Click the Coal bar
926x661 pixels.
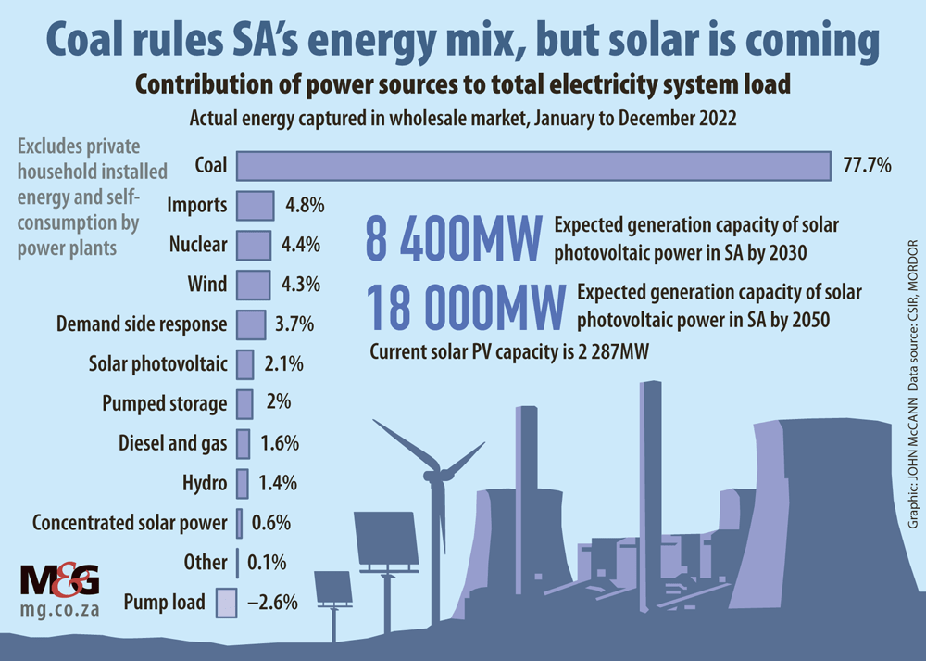[533, 166]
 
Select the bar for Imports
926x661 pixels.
[256, 205]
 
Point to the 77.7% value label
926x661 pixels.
[867, 166]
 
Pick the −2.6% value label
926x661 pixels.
[272, 603]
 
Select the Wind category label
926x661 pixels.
[208, 285]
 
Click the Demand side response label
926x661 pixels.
[142, 324]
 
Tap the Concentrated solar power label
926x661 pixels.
[130, 523]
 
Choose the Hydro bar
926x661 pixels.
[243, 483]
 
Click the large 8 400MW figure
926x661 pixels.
[453, 239]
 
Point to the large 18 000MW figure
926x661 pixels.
[466, 308]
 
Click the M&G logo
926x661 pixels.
[59, 582]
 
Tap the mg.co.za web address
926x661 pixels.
[60, 613]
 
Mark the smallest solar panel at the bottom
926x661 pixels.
[333, 587]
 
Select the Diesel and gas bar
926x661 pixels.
[244, 443]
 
